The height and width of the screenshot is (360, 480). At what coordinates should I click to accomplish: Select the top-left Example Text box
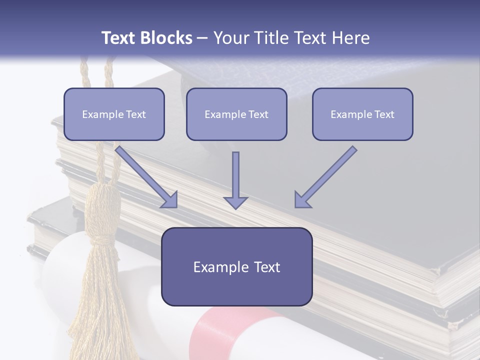pos(114,114)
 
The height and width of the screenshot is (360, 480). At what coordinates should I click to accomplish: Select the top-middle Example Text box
pos(236,114)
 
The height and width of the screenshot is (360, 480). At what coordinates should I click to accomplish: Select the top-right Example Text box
pos(362,114)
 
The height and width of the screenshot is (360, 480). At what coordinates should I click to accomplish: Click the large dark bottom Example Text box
pos(236,266)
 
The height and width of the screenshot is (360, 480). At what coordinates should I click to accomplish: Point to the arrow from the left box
pos(145,176)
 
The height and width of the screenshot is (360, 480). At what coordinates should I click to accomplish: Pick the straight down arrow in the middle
pos(235,177)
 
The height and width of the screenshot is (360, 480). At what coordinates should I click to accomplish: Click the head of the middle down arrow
pos(235,201)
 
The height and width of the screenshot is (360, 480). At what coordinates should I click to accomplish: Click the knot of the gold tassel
pos(103,215)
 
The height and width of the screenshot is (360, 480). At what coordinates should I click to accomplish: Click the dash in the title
pos(202,38)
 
